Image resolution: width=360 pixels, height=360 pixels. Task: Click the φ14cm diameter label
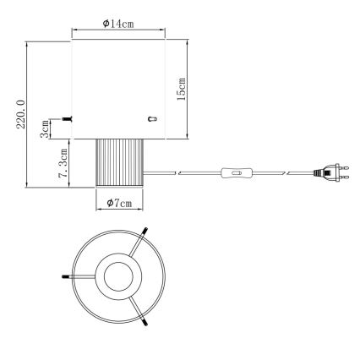(x=118, y=24)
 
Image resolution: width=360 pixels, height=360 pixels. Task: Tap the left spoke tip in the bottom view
(x=64, y=276)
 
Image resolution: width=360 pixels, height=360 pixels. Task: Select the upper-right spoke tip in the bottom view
(x=146, y=231)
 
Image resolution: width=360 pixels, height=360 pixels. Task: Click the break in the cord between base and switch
(x=176, y=174)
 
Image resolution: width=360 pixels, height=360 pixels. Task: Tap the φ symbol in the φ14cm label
(x=105, y=24)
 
